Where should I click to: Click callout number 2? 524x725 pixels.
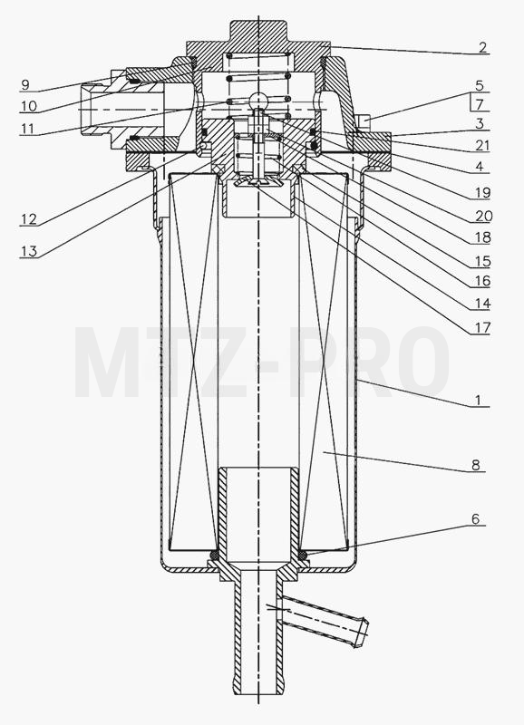point(482,47)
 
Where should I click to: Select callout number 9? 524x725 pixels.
point(25,84)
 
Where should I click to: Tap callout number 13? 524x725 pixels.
point(29,251)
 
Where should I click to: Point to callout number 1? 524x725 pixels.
point(480,400)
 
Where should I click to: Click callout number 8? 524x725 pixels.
point(476,465)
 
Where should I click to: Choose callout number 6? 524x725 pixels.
point(476,519)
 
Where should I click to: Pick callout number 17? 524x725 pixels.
point(481,327)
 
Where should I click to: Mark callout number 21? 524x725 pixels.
point(481,146)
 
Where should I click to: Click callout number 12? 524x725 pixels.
point(29,218)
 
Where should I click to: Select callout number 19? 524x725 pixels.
point(481,192)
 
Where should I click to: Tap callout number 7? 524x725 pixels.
point(480,104)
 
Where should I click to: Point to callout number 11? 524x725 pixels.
point(28,128)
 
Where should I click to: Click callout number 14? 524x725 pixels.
point(481,304)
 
